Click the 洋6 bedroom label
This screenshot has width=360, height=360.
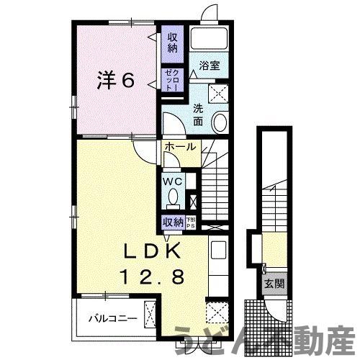tap(115, 80)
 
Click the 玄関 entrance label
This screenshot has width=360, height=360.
tap(274, 284)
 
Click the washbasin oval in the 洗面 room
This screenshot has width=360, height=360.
tap(221, 122)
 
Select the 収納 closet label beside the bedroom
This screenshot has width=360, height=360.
tap(173, 42)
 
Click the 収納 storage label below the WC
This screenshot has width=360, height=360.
tap(172, 222)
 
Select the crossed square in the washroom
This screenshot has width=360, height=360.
tap(217, 93)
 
